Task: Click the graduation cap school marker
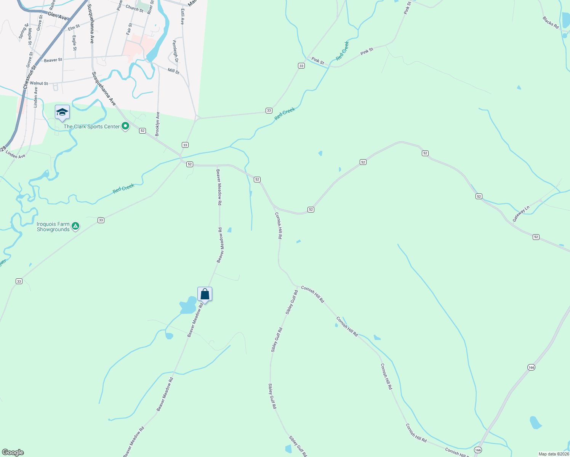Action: [x=62, y=112]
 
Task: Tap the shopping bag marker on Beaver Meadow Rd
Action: [x=205, y=294]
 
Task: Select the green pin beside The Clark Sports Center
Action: [x=125, y=126]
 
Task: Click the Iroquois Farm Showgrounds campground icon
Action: [x=75, y=227]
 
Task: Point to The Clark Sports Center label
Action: [x=91, y=126]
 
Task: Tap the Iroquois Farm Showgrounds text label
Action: [x=53, y=227]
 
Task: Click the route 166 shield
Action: [x=532, y=367]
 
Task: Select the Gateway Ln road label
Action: [x=521, y=214]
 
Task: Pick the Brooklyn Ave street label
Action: [x=157, y=124]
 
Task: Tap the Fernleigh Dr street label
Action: [x=175, y=51]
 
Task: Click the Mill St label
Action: [x=173, y=71]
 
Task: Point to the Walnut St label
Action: [x=39, y=83]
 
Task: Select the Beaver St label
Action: [x=53, y=60]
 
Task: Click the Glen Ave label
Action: [x=57, y=16]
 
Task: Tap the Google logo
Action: [x=13, y=452]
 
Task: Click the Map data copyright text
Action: [x=553, y=454]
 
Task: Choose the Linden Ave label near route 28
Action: [x=16, y=156]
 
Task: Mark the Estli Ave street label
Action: [x=183, y=17]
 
